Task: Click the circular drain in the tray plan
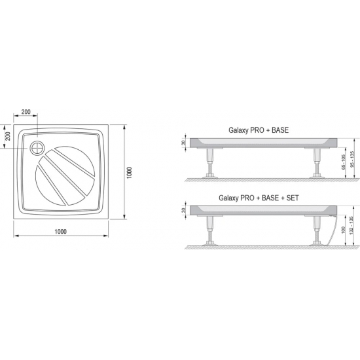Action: click(x=37, y=148)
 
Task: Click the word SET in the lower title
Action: click(x=293, y=198)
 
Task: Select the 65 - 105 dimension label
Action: click(x=344, y=162)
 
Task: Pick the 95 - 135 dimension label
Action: click(x=352, y=159)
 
